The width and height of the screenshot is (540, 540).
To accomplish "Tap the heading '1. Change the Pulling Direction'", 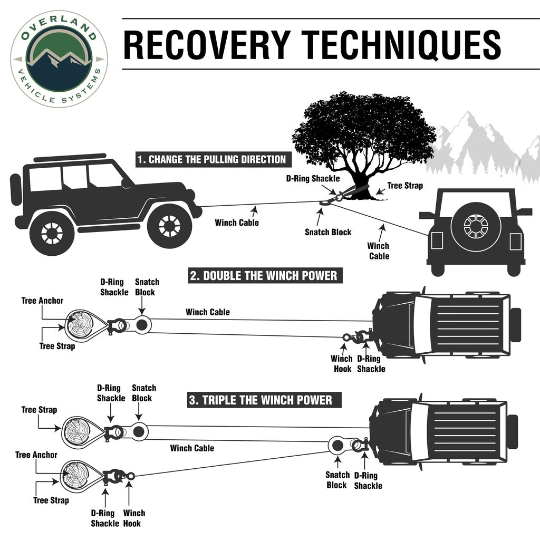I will pos(211,159).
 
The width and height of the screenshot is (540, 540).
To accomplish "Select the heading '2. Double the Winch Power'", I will pos(263,275).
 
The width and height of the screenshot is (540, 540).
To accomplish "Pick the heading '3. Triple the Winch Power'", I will pos(261,400).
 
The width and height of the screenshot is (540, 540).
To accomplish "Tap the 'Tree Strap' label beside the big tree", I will pos(404,186).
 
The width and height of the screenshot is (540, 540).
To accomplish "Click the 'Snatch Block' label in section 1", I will pos(327,232).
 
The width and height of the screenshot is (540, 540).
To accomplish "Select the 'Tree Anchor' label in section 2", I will pos(42,301).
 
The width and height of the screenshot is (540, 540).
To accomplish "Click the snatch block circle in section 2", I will pos(141,325).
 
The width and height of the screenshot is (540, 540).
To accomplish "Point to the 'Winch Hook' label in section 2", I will pos(341,363).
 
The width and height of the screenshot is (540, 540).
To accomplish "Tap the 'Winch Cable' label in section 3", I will pos(192,448).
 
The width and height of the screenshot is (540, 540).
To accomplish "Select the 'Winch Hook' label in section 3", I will pos(134,518).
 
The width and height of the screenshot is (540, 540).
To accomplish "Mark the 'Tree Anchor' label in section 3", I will pos(36,455).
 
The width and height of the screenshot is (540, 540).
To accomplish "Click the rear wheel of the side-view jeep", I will pos(51,232).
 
